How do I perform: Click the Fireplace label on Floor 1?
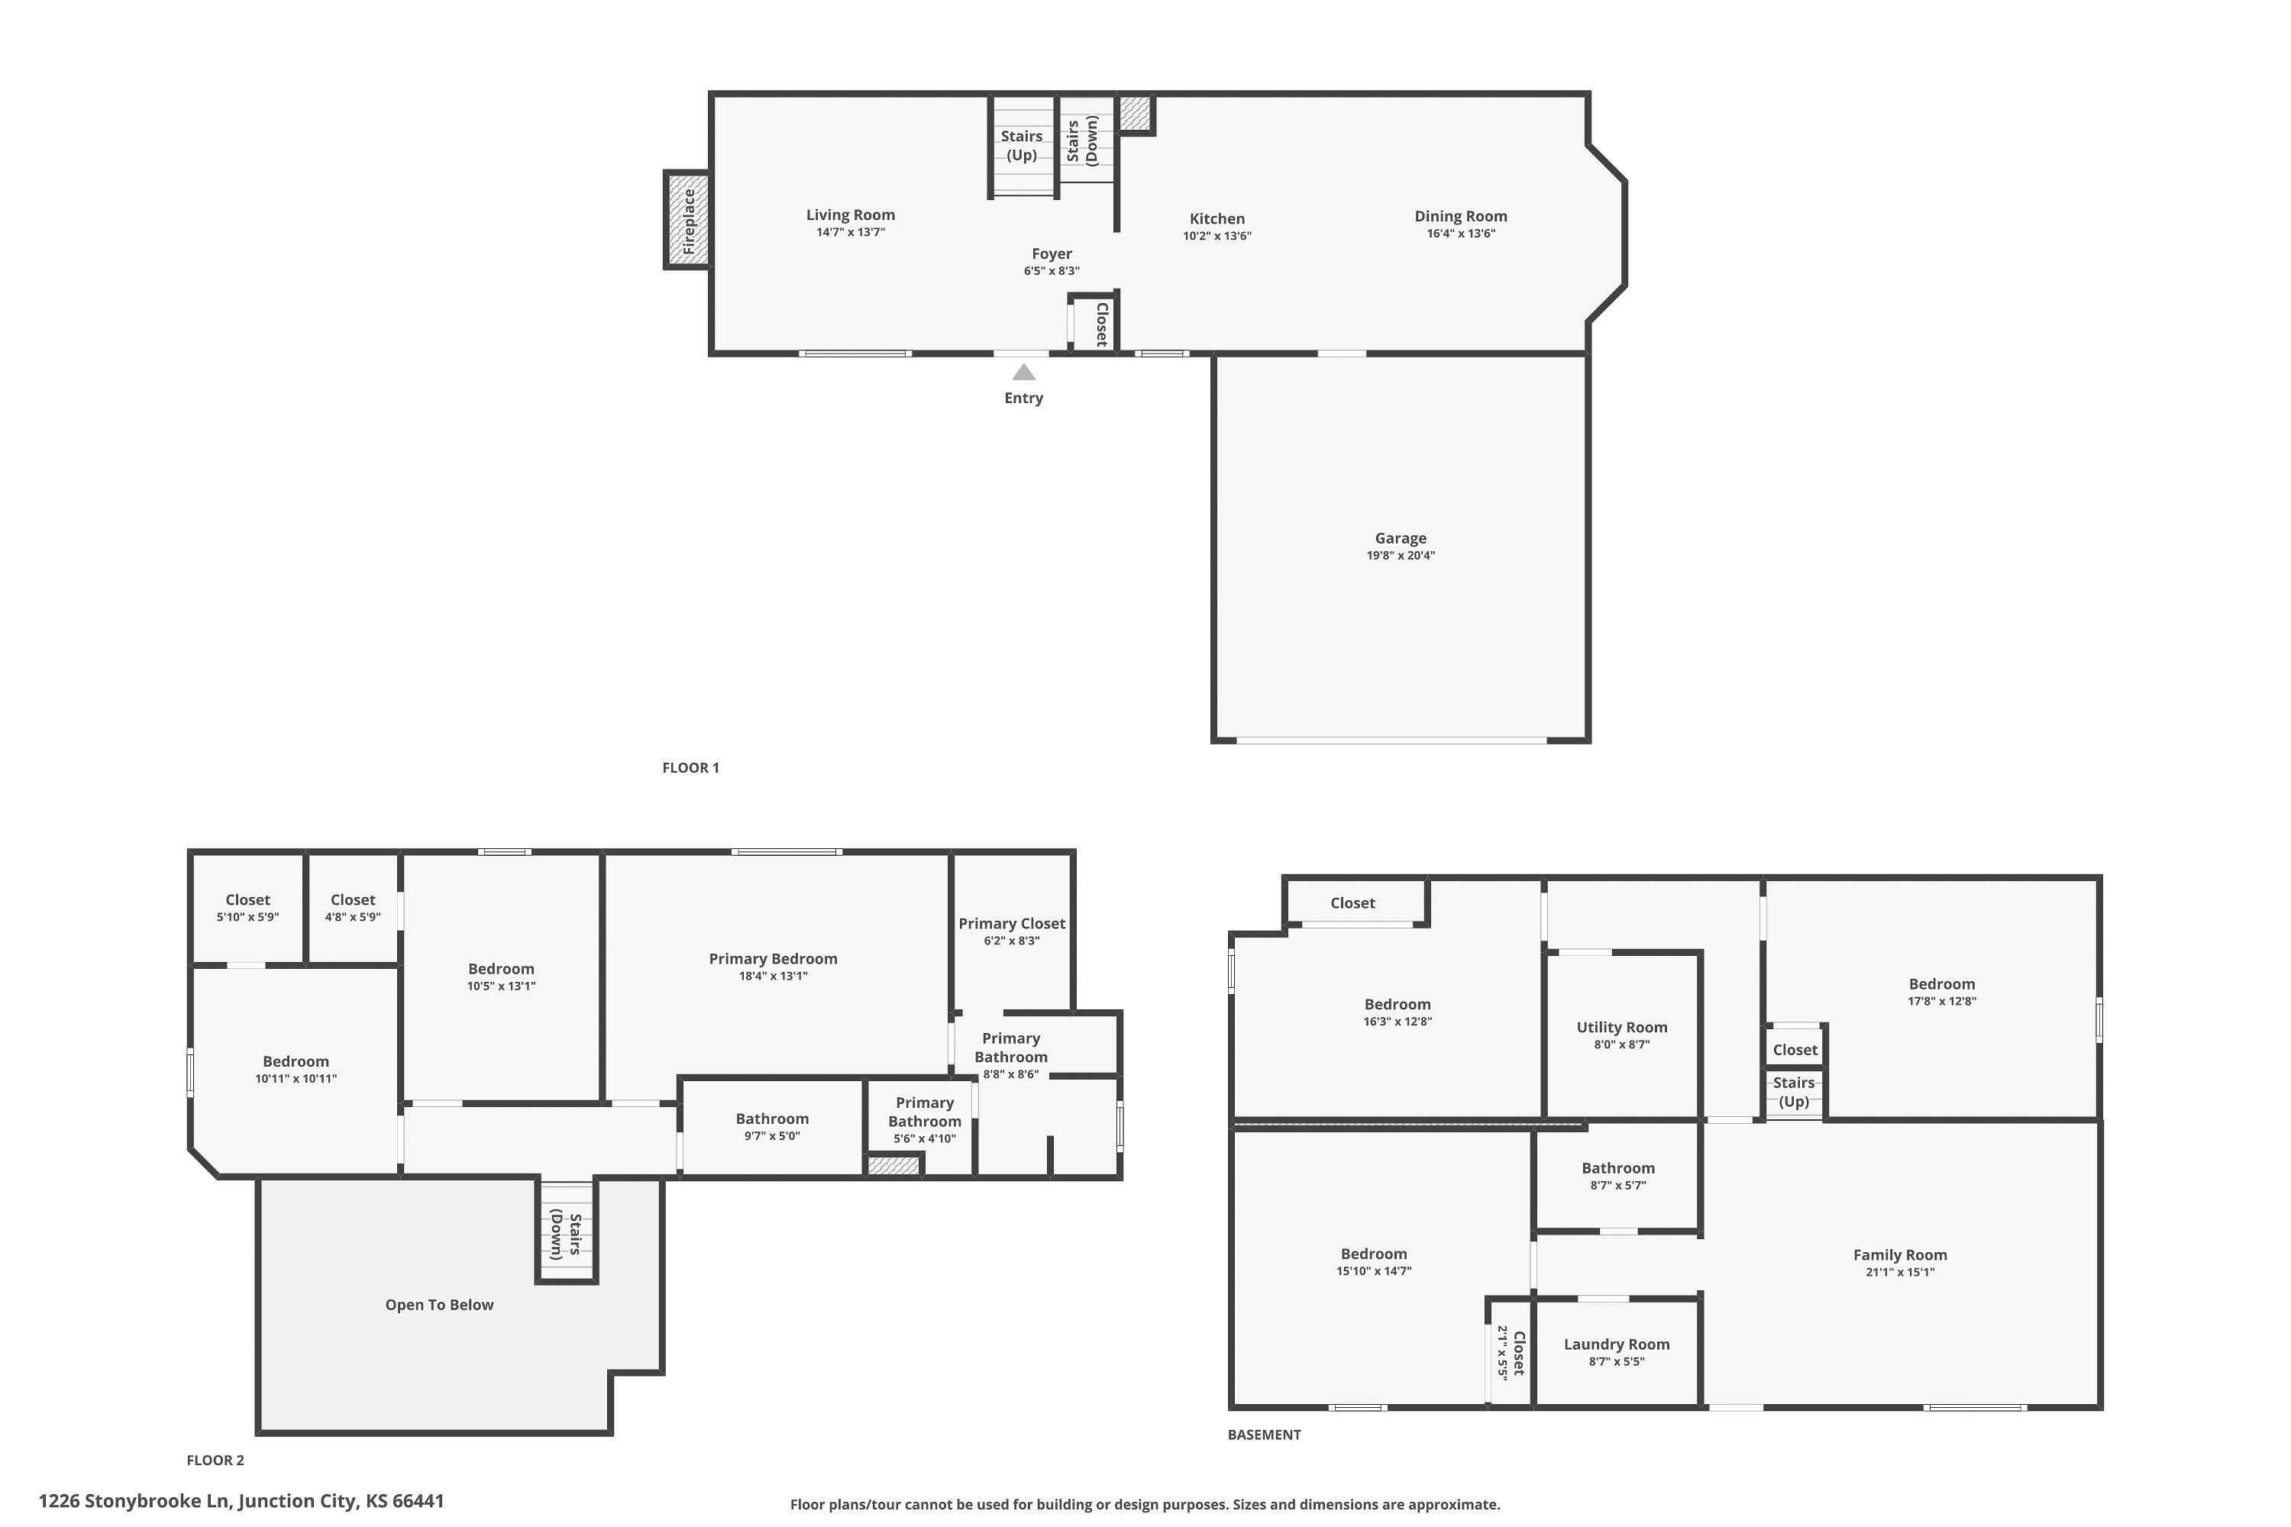coord(690,221)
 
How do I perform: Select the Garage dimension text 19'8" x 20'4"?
coord(1401,556)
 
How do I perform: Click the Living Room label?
coord(851,215)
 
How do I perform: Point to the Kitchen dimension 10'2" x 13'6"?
coord(1217,236)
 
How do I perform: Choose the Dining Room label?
coord(1460,216)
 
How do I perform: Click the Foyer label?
coord(1052,253)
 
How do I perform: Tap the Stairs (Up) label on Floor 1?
coord(1022,145)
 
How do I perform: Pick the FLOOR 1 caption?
coord(690,767)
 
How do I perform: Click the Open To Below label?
coord(439,1305)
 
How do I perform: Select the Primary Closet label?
coord(1012,923)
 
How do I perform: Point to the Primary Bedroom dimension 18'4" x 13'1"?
coord(774,976)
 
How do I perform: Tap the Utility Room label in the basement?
coord(1622,1028)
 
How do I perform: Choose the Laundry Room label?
coord(1617,1344)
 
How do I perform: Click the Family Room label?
coord(1899,1255)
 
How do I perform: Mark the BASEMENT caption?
coord(1265,1435)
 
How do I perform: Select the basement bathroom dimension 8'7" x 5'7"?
coord(1618,1185)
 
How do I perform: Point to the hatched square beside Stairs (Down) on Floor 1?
coord(1135,113)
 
